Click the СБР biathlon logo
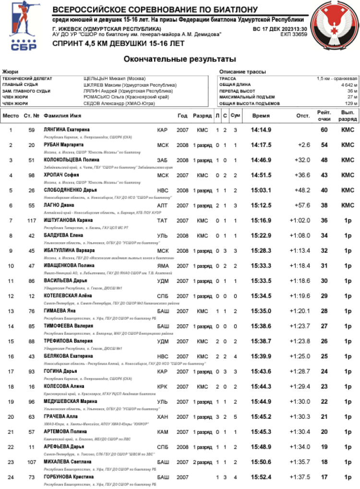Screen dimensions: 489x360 (x=23, y=27)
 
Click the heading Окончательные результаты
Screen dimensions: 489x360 (x=180, y=59)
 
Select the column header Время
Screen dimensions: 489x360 (x=261, y=116)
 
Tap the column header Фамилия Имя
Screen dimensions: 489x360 (x=61, y=116)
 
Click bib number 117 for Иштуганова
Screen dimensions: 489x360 (x=32, y=220)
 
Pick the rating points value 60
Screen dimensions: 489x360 (x=324, y=130)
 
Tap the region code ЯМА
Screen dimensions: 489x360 (x=163, y=266)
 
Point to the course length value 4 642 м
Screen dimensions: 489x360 (x=348, y=85)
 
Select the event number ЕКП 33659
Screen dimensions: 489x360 (x=294, y=35)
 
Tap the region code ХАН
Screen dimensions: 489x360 (x=163, y=416)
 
